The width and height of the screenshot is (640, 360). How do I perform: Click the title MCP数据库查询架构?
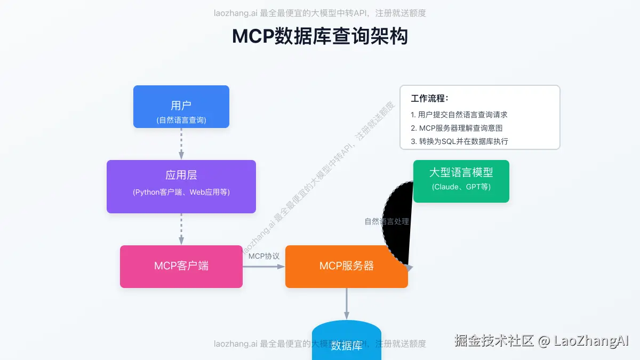click(x=320, y=37)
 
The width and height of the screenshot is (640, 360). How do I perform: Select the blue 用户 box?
click(x=181, y=107)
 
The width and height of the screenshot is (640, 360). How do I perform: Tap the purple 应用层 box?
click(x=181, y=186)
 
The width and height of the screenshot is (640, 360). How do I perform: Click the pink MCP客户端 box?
click(x=181, y=266)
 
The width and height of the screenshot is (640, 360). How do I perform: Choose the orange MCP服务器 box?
click(x=346, y=266)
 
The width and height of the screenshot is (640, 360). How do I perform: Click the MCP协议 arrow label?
click(x=264, y=256)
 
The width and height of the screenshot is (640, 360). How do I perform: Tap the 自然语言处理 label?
click(x=387, y=221)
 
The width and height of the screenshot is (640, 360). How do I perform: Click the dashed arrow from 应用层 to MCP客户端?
click(x=181, y=229)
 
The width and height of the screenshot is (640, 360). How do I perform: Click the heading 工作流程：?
click(x=430, y=99)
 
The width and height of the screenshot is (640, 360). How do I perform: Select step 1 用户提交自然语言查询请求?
click(x=459, y=115)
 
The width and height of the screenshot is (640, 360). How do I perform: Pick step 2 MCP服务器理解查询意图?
click(x=457, y=128)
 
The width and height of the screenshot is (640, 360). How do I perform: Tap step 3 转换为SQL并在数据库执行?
click(x=459, y=141)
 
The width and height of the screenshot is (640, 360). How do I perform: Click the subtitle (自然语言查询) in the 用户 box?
click(x=181, y=120)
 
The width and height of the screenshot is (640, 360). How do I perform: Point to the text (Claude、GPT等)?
click(x=461, y=187)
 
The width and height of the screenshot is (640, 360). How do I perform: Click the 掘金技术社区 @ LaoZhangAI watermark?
click(x=542, y=341)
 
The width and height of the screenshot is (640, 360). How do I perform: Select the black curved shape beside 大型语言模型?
click(x=397, y=224)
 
